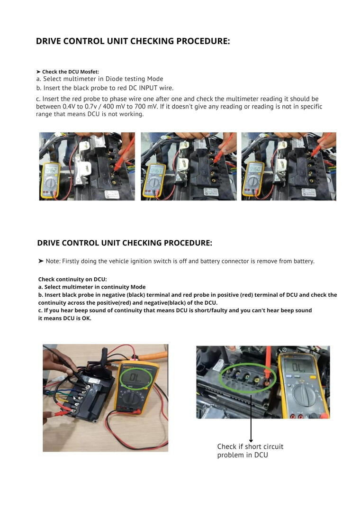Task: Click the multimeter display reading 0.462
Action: coord(51,170)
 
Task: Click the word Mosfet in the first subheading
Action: coord(89,72)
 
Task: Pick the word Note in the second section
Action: coord(53,261)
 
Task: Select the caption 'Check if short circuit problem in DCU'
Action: coord(250,451)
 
